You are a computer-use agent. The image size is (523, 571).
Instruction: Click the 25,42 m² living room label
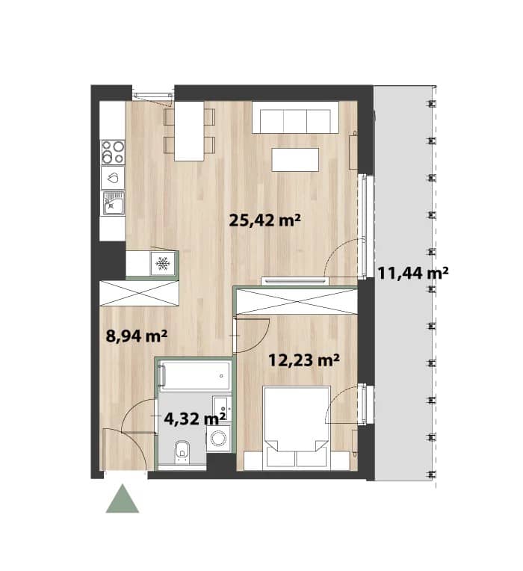(x=264, y=220)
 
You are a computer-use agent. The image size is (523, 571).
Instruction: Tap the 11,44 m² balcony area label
(x=412, y=273)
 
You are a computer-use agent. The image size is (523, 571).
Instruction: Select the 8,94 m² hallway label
(x=137, y=336)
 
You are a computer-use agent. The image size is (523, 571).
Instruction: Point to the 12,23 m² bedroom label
(x=304, y=360)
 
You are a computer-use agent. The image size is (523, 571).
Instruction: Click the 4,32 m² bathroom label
(x=195, y=419)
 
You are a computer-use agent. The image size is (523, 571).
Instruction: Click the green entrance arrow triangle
(x=123, y=499)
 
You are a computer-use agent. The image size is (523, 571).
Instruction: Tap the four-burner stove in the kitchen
(x=113, y=152)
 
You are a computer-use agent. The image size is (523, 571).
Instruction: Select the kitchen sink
(x=114, y=203)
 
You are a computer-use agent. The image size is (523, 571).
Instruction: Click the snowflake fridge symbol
(x=163, y=263)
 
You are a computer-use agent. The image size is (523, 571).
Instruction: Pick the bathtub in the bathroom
(x=196, y=375)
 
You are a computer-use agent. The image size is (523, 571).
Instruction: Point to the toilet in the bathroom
(x=182, y=451)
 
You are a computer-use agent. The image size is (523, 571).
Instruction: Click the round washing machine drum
(x=218, y=438)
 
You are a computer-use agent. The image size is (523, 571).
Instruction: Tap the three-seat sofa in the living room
(x=296, y=117)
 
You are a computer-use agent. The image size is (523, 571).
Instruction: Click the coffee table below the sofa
(x=295, y=159)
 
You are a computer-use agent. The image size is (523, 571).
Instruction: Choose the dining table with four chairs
(x=189, y=131)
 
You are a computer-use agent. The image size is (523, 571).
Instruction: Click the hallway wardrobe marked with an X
(x=139, y=293)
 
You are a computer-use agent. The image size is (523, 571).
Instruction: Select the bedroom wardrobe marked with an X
(x=297, y=300)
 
